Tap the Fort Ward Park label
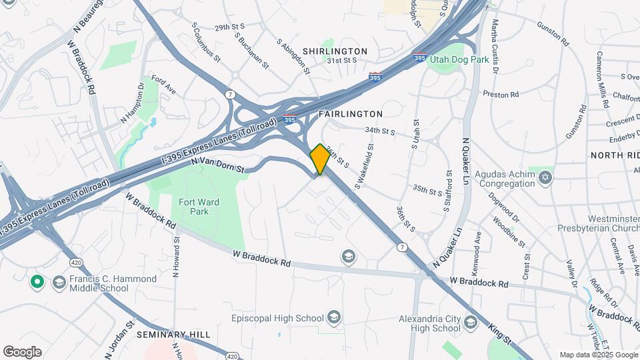(x=199, y=207)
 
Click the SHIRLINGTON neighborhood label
(x=335, y=51)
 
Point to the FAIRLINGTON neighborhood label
(x=351, y=114)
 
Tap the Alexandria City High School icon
(x=471, y=323)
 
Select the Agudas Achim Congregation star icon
(x=545, y=177)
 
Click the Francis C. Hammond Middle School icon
(x=59, y=283)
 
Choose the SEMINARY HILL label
(x=173, y=334)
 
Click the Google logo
(x=22, y=351)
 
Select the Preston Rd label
(x=501, y=95)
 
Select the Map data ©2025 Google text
(x=598, y=355)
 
